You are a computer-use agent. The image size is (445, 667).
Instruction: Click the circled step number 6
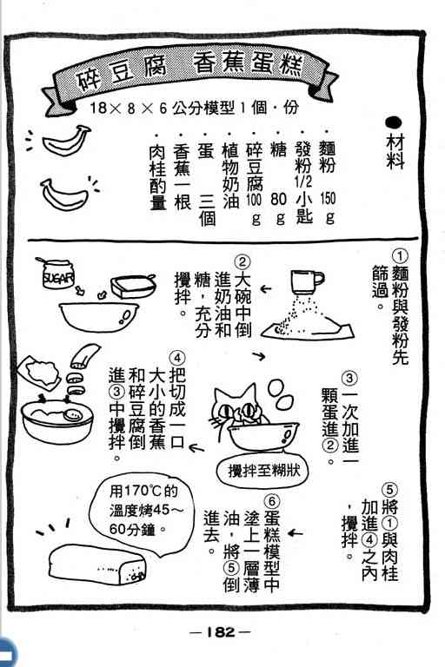click(x=272, y=502)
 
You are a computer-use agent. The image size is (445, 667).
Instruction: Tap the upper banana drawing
click(x=66, y=140)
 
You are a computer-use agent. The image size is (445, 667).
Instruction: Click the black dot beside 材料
click(x=394, y=123)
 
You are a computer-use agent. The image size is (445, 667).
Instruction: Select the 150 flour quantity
click(x=328, y=198)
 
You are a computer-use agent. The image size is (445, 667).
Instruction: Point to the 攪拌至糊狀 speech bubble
click(x=262, y=471)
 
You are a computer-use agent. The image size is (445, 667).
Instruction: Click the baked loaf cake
click(x=97, y=564)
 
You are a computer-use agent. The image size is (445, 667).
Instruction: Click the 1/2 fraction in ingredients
click(x=303, y=182)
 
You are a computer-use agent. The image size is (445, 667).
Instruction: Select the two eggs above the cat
click(x=281, y=394)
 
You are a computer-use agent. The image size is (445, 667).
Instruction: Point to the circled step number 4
click(x=177, y=358)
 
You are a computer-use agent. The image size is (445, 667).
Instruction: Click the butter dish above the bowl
click(x=132, y=286)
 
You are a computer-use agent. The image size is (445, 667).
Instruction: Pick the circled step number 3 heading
click(x=349, y=378)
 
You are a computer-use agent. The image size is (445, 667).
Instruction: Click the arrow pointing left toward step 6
click(x=296, y=532)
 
